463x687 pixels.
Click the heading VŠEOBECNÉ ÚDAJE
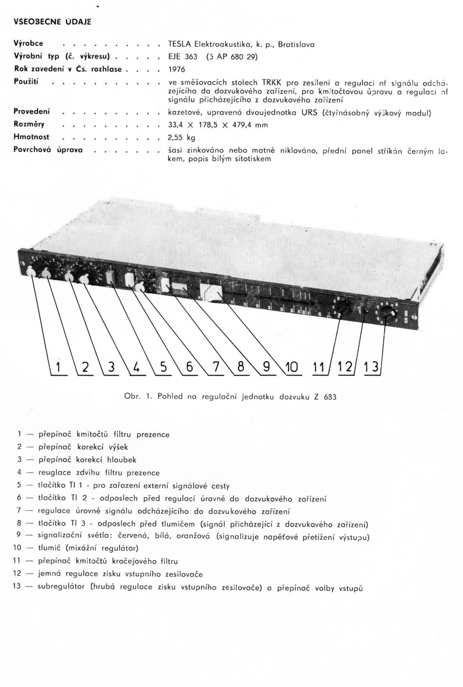[52, 22]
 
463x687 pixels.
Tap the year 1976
[177, 69]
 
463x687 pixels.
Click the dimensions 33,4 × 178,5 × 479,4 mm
[218, 125]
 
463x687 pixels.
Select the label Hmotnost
[31, 137]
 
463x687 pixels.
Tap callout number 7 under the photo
[215, 367]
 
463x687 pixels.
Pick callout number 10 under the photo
[291, 367]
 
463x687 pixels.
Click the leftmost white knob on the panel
[31, 273]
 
